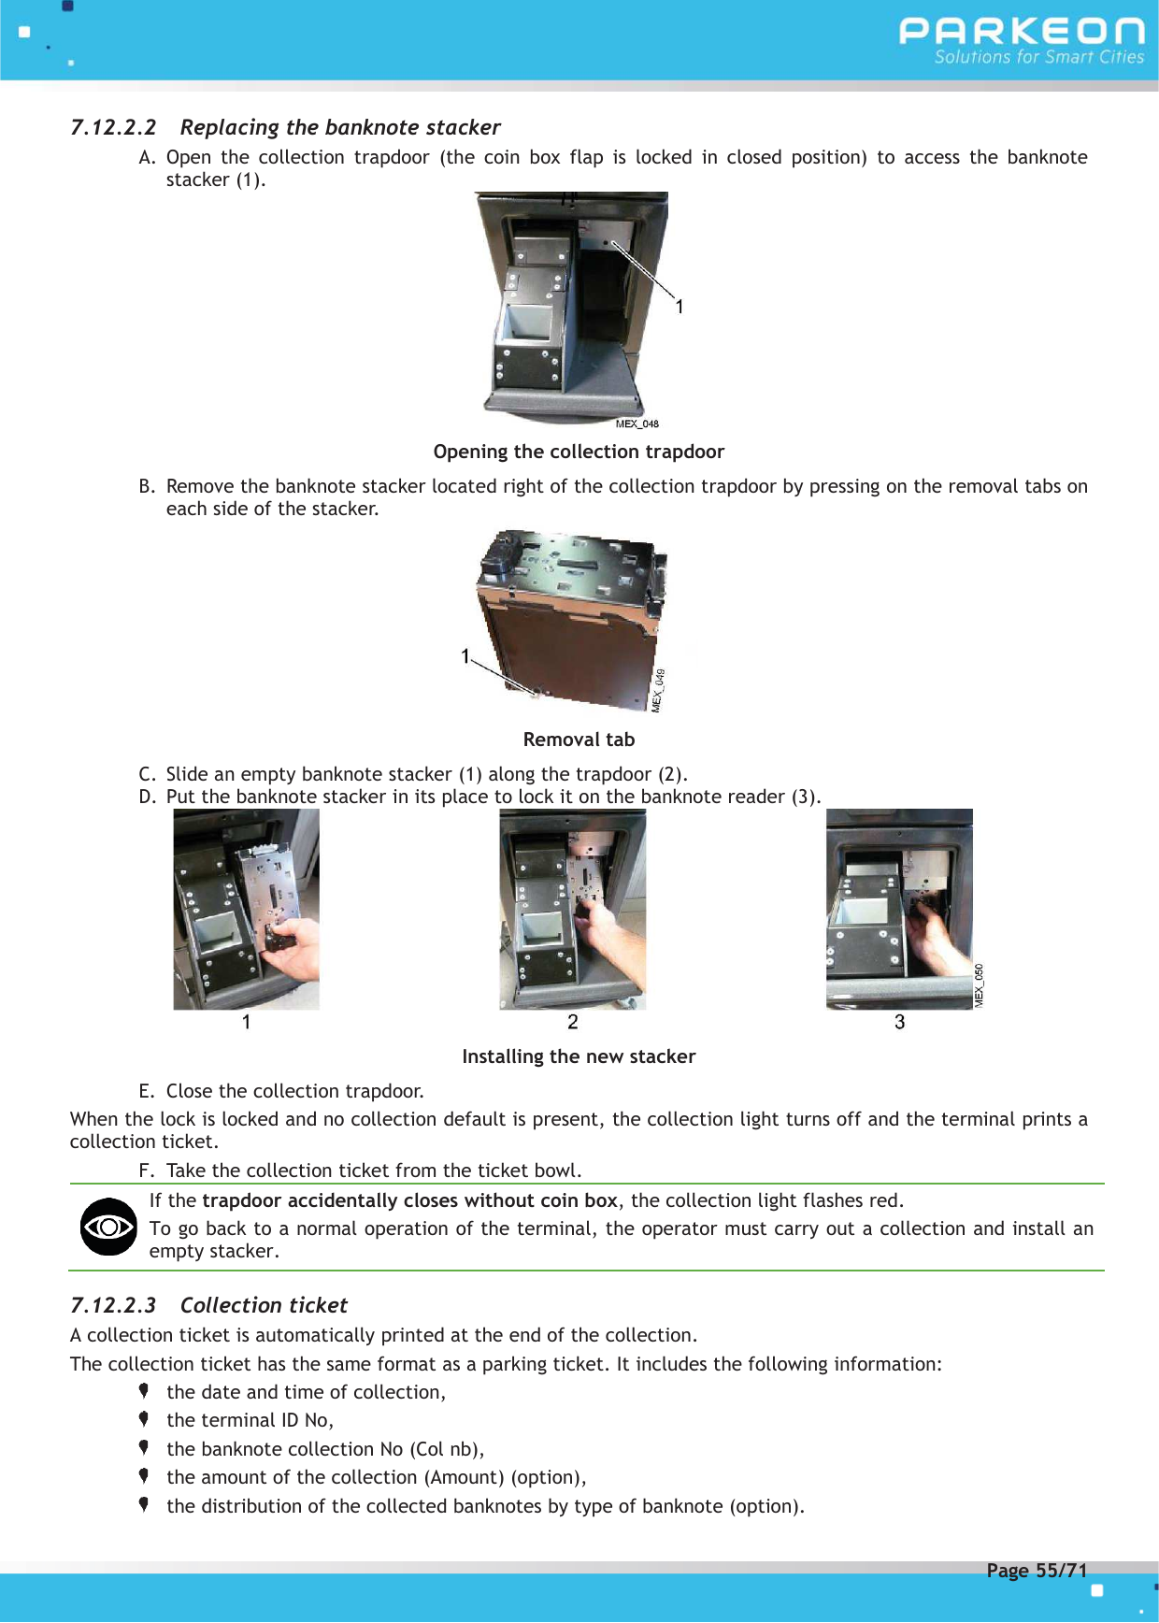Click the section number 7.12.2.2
pyautogui.click(x=113, y=127)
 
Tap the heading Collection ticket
pyautogui.click(x=264, y=1305)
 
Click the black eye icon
pyautogui.click(x=108, y=1227)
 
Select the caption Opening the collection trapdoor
pyautogui.click(x=579, y=452)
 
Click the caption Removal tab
pyautogui.click(x=579, y=740)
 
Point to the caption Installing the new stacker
pyautogui.click(x=579, y=1056)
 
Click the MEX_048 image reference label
pyautogui.click(x=637, y=424)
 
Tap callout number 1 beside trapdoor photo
pyautogui.click(x=680, y=307)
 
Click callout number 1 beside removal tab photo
pyautogui.click(x=465, y=656)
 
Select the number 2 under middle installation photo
pyautogui.click(x=573, y=1022)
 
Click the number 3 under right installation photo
pyautogui.click(x=899, y=1022)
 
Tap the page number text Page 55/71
pyautogui.click(x=1037, y=1571)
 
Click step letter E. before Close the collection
pyautogui.click(x=146, y=1091)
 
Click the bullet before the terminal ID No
pyautogui.click(x=144, y=1419)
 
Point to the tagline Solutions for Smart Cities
pyautogui.click(x=1038, y=57)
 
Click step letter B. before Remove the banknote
pyautogui.click(x=146, y=486)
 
